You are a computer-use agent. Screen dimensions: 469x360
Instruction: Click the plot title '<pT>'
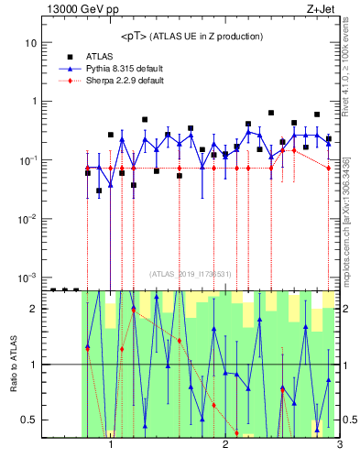pos(136,36)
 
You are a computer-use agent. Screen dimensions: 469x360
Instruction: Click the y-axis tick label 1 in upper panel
pos(32,102)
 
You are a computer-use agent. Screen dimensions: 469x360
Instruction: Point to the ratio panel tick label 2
pos(32,309)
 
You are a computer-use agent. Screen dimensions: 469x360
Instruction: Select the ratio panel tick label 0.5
pos(28,420)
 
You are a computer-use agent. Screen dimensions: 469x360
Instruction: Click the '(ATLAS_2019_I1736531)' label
pos(191,273)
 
